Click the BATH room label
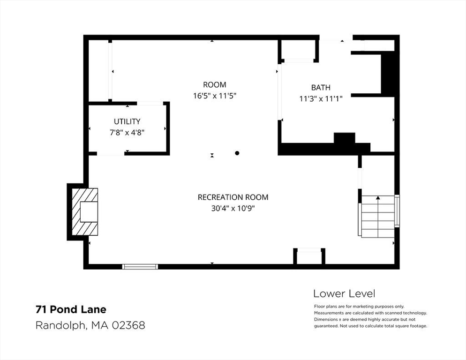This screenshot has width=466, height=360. click(321, 88)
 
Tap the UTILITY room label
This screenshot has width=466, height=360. click(127, 121)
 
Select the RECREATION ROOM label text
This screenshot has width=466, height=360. click(233, 197)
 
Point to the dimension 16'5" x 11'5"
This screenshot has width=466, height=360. click(215, 96)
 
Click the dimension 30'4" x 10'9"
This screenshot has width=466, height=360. click(233, 209)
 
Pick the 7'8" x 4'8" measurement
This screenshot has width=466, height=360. click(127, 133)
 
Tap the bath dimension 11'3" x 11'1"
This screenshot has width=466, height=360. click(321, 99)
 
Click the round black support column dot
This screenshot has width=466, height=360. click(237, 153)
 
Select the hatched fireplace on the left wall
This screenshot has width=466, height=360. click(85, 212)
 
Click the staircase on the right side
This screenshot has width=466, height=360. click(378, 217)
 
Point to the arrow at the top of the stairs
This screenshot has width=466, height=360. click(378, 197)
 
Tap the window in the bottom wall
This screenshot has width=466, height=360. click(140, 267)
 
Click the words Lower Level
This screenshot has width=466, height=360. click(344, 294)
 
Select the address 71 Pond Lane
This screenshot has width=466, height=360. click(71, 309)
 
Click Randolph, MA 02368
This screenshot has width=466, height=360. click(90, 325)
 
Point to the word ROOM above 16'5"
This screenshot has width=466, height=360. click(215, 85)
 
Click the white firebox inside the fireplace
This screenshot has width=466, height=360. click(89, 212)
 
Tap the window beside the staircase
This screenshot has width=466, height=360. click(397, 211)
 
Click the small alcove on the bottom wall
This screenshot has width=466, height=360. click(309, 257)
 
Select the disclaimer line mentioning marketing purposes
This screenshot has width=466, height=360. click(359, 307)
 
